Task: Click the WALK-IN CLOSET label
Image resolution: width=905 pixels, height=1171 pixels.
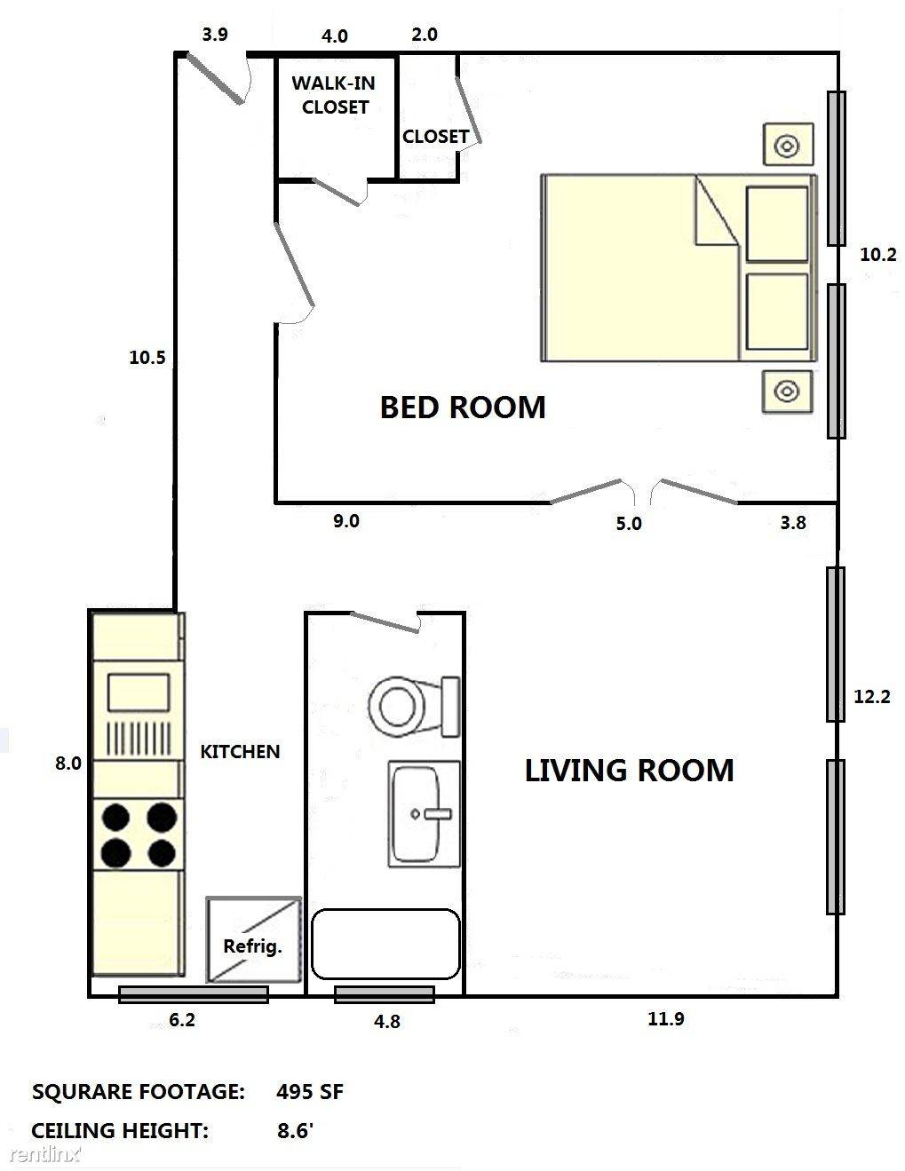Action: tap(334, 95)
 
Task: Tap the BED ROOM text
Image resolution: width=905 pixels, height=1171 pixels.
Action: tap(462, 407)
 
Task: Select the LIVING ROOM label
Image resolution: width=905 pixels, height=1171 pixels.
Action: tap(629, 770)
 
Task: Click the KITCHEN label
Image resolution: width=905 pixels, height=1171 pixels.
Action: tap(240, 751)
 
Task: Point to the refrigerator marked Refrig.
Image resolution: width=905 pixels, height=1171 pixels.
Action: tap(253, 940)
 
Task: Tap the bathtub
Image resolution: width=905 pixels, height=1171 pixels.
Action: tap(385, 943)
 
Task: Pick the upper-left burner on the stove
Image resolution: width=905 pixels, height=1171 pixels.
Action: tap(115, 816)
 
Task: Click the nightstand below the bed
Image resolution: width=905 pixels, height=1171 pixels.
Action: tap(787, 391)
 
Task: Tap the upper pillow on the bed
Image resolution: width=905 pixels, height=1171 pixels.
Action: tap(777, 224)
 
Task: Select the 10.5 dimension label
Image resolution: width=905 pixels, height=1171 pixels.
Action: tap(147, 358)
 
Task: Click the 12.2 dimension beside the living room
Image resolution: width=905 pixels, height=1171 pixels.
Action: tap(871, 697)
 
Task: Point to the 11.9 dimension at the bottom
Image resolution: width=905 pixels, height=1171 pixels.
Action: tap(665, 1019)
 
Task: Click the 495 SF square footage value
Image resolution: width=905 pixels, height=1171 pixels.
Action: tap(309, 1092)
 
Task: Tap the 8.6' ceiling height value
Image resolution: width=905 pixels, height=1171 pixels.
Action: tap(295, 1131)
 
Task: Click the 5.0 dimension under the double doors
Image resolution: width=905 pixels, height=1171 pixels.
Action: tap(628, 524)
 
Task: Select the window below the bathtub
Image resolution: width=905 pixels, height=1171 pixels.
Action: tap(385, 994)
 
